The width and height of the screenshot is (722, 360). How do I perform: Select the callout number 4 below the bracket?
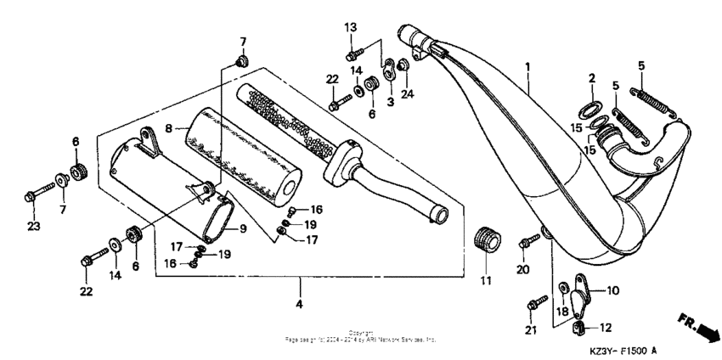click(298, 303)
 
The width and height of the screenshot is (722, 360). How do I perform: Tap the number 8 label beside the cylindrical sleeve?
click(168, 127)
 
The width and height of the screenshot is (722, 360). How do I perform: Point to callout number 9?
click(242, 228)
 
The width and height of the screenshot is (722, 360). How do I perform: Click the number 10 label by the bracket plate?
click(614, 290)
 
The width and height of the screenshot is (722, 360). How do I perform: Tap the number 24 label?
click(406, 93)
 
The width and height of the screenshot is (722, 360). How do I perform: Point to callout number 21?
click(533, 329)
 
